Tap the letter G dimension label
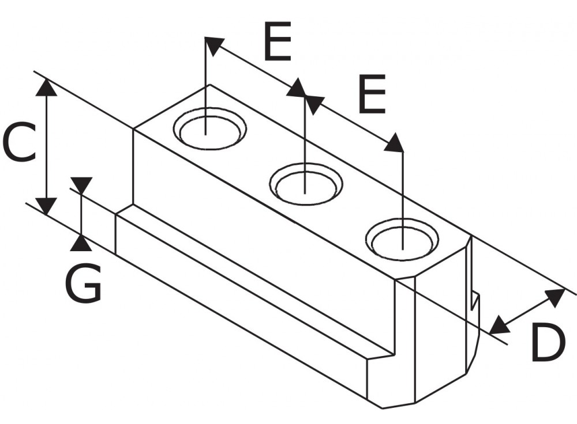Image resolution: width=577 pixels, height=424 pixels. [x=83, y=283]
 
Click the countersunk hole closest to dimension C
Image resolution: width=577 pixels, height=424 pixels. [x=209, y=130]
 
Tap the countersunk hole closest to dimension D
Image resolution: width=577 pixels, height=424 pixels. [x=402, y=239]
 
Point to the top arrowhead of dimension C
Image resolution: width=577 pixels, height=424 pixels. [x=46, y=88]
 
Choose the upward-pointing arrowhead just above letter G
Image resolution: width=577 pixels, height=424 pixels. [x=81, y=243]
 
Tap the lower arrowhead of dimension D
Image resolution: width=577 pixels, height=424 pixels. [x=500, y=325]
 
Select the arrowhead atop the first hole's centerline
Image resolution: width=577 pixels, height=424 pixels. [x=213, y=46]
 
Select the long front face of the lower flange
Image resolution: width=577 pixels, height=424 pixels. [x=242, y=300]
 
